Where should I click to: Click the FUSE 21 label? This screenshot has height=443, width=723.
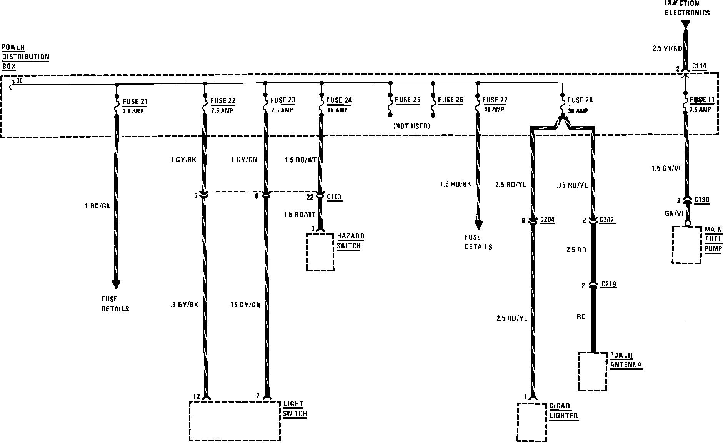[x=135, y=102]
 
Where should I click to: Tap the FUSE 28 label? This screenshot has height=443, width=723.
[x=580, y=100]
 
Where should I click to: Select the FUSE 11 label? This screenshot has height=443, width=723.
[x=702, y=100]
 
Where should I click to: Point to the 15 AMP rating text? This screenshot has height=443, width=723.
[x=337, y=110]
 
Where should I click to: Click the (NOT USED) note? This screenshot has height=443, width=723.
[x=411, y=126]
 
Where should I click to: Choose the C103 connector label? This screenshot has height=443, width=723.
[x=334, y=197]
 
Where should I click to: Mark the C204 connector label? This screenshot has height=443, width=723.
[x=547, y=220]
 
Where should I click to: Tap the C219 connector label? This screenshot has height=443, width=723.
[x=608, y=285]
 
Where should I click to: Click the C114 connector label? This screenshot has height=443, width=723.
[x=699, y=66]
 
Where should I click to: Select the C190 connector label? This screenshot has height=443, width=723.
[x=701, y=200]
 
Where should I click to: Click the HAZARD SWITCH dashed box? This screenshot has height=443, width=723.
[x=320, y=252]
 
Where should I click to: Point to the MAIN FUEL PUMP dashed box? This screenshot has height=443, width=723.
[x=686, y=245]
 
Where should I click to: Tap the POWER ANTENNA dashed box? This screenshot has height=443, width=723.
[x=593, y=371]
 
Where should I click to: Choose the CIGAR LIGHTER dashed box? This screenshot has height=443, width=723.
[x=532, y=422]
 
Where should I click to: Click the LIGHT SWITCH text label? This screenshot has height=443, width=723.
[x=295, y=409]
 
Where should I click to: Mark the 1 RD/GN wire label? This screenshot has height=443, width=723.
[x=98, y=206]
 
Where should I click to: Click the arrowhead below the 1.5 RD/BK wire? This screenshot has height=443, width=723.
[x=478, y=225]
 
